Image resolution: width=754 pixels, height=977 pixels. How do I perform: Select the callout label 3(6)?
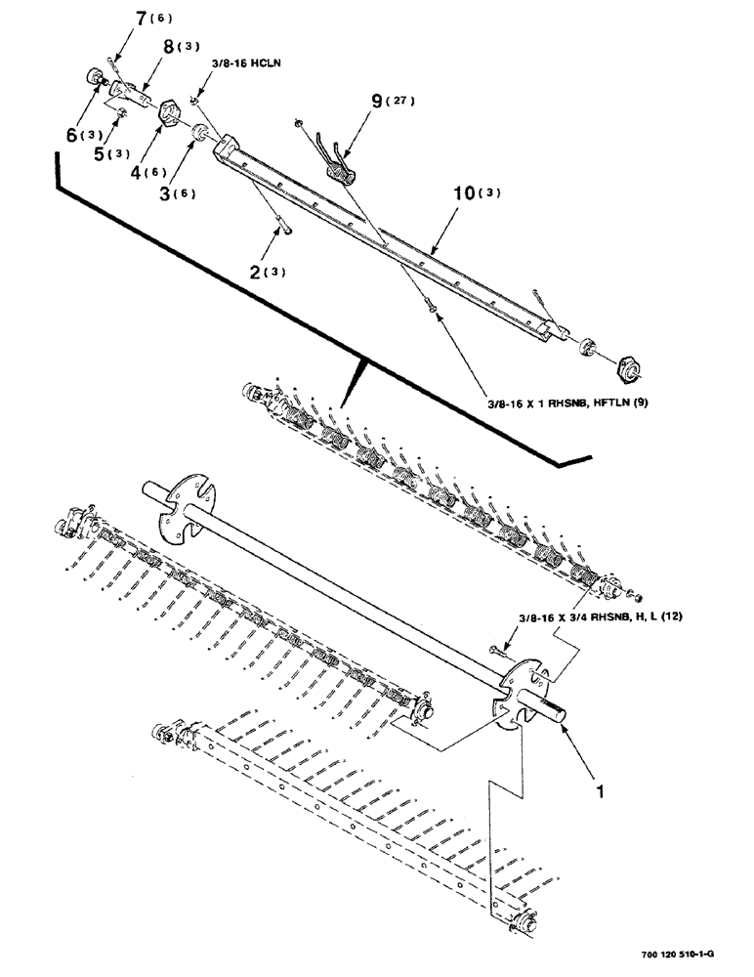pyautogui.click(x=177, y=192)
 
